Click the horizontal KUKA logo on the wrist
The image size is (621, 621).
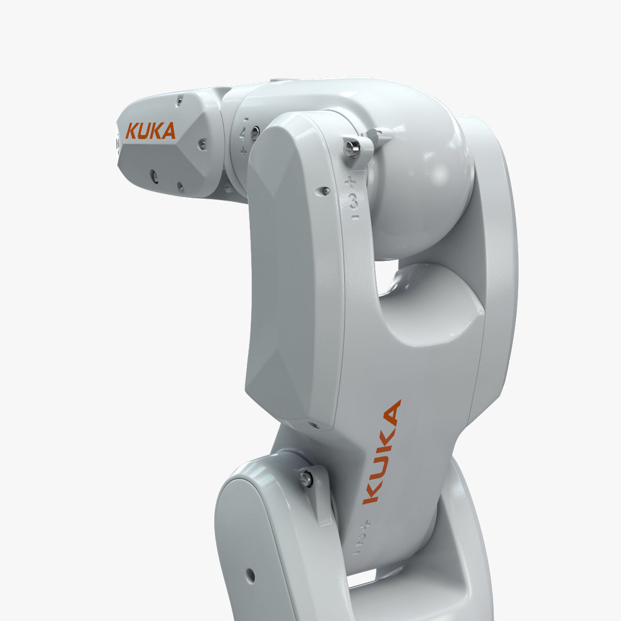151,131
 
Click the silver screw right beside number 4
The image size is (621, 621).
254,133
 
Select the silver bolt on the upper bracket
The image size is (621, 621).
351,148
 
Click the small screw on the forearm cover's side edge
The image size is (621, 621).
323,191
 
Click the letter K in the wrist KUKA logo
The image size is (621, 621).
131,131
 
